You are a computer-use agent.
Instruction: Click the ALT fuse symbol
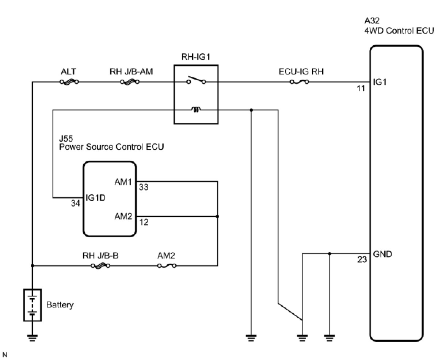(69, 82)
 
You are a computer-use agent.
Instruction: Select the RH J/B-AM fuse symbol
(130, 82)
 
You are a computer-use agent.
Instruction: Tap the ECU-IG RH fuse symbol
(300, 82)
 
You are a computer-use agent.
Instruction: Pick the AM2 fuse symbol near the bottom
(167, 266)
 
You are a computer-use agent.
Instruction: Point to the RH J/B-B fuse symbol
(100, 266)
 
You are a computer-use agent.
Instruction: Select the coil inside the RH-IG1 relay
(196, 109)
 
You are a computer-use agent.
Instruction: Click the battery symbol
(33, 305)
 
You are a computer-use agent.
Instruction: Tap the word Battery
(60, 305)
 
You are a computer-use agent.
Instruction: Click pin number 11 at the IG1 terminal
(361, 89)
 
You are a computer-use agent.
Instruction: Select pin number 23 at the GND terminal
(362, 260)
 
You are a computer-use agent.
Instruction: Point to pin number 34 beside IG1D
(75, 204)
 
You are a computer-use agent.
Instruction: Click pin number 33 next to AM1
(144, 187)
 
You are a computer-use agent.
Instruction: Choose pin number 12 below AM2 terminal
(144, 222)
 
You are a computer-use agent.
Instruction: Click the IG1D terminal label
(95, 198)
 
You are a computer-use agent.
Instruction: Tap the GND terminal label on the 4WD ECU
(382, 254)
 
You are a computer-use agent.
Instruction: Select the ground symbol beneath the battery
(33, 338)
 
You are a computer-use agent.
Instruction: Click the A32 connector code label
(372, 21)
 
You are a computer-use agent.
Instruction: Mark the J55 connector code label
(66, 139)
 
